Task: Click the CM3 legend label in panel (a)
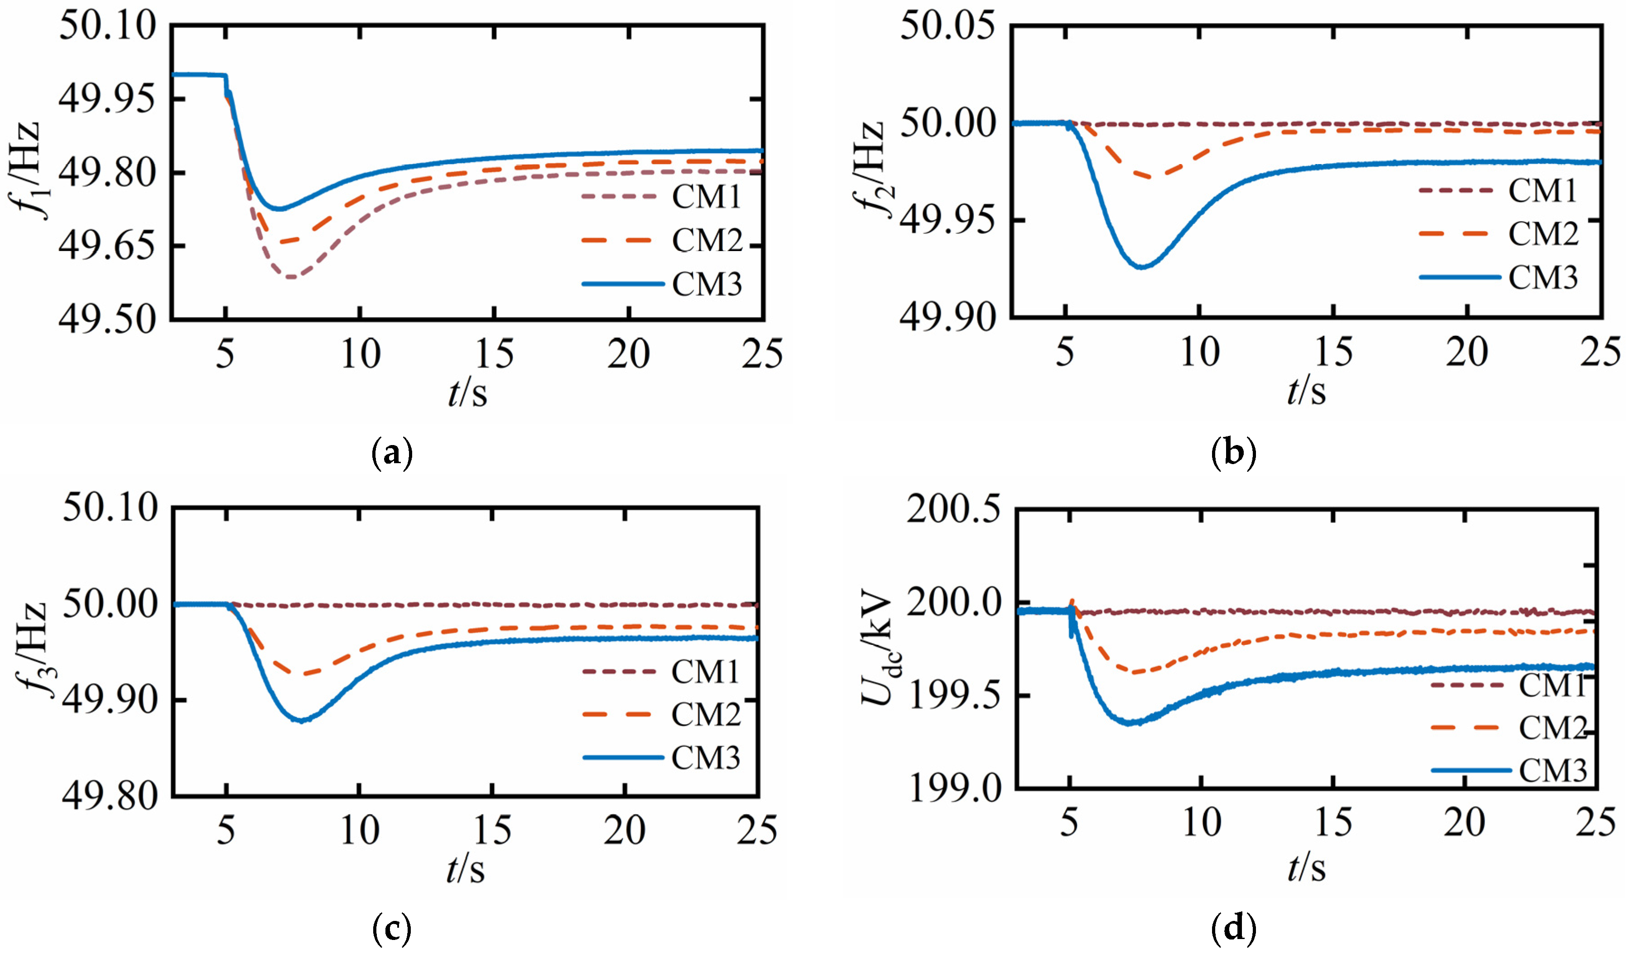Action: (707, 284)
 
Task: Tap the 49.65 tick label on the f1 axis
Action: (107, 246)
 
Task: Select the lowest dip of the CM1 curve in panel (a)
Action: (290, 277)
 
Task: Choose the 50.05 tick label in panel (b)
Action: (947, 27)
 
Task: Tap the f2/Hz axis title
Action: (868, 169)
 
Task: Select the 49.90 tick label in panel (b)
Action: (947, 317)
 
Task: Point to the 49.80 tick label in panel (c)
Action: (110, 795)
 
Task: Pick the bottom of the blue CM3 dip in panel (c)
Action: (301, 720)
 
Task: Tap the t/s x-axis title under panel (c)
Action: (466, 869)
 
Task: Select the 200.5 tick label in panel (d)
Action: (954, 509)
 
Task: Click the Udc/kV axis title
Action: (879, 652)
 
